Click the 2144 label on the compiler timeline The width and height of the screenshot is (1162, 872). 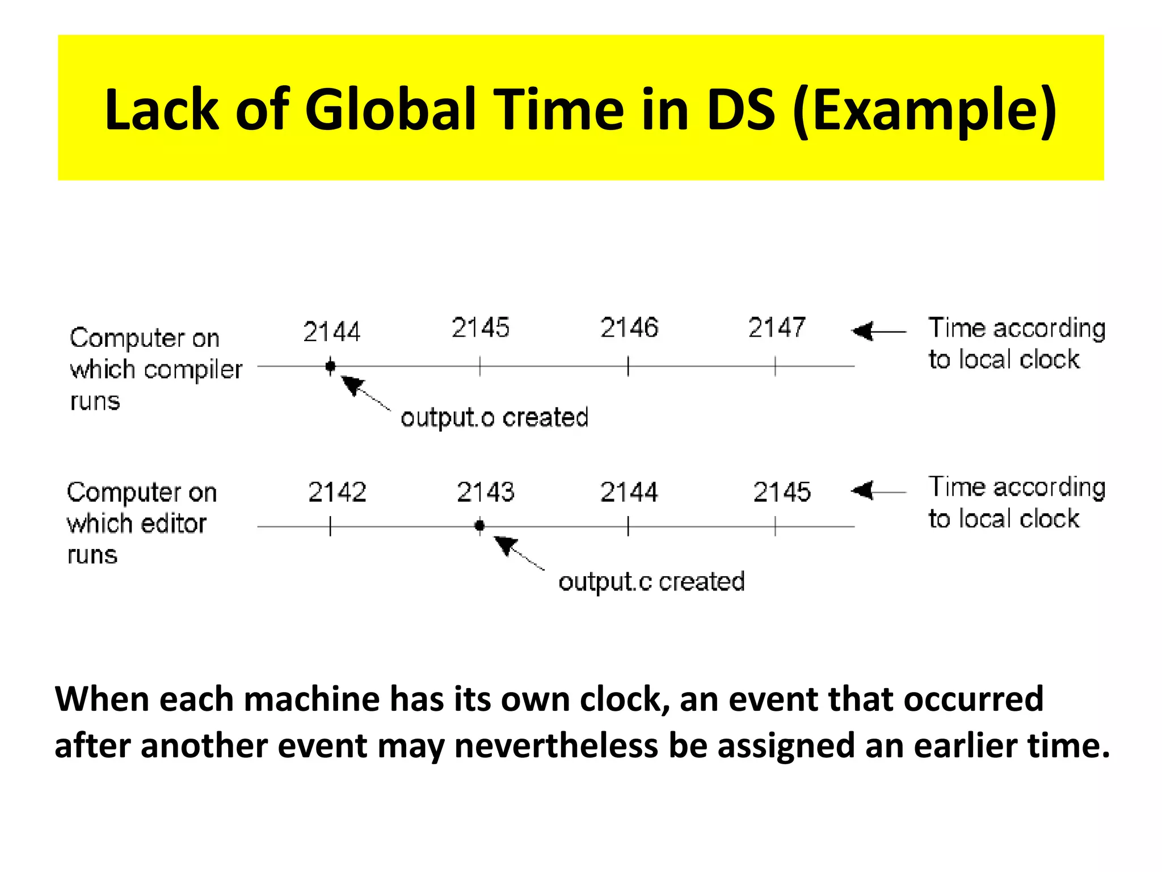[x=331, y=332]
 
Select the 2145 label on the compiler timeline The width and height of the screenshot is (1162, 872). [x=481, y=328]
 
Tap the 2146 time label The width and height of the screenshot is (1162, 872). [x=629, y=328]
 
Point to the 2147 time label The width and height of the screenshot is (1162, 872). [x=777, y=328]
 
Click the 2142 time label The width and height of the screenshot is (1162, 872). [x=337, y=492]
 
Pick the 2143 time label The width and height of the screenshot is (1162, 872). [x=486, y=492]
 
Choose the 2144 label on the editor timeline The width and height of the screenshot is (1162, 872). [x=629, y=492]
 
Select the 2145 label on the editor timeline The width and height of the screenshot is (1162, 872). [x=782, y=492]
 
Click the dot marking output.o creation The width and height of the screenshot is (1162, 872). [x=330, y=366]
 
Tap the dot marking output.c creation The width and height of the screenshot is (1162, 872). [x=480, y=526]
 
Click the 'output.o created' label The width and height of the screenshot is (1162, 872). [x=494, y=418]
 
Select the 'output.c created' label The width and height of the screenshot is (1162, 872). [x=651, y=582]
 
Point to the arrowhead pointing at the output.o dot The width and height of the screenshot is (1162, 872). [x=352, y=384]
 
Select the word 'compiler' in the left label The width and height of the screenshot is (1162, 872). [x=193, y=370]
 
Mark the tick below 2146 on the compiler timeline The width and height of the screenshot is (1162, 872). [x=628, y=366]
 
